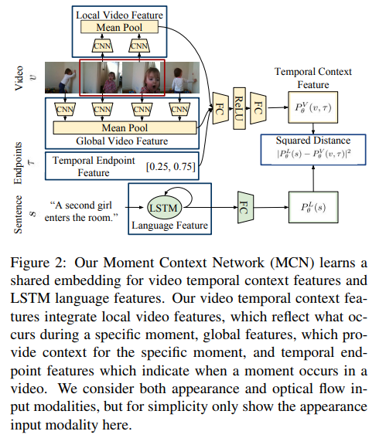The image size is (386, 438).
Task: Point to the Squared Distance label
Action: coord(313,141)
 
